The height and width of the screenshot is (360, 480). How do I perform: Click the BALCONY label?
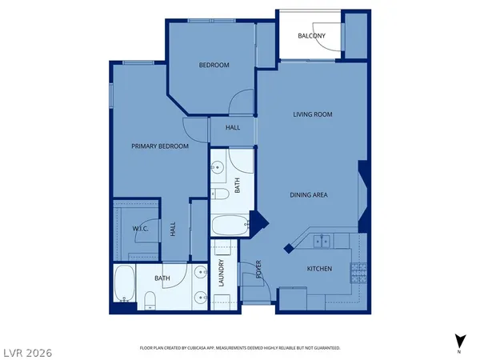pyautogui.click(x=310, y=36)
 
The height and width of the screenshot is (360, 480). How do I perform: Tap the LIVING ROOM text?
pyautogui.click(x=311, y=114)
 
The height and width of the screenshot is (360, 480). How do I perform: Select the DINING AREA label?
pyautogui.click(x=309, y=194)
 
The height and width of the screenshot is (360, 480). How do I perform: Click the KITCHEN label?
pyautogui.click(x=319, y=269)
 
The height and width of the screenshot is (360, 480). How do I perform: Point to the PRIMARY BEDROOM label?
pyautogui.click(x=160, y=146)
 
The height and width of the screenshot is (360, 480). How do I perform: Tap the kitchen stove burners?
pyautogui.click(x=358, y=273)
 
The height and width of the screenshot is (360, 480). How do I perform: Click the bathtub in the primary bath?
pyautogui.click(x=123, y=284)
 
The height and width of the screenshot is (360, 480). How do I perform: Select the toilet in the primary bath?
pyautogui.click(x=150, y=300)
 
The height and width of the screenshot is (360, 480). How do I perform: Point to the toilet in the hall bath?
pyautogui.click(x=220, y=193)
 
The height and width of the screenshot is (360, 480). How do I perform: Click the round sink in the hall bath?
pyautogui.click(x=218, y=168)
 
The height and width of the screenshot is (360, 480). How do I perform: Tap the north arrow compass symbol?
pyautogui.click(x=458, y=341)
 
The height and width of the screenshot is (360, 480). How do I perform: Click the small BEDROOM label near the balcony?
pyautogui.click(x=214, y=66)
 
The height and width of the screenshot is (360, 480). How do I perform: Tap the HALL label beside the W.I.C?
pyautogui.click(x=173, y=230)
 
